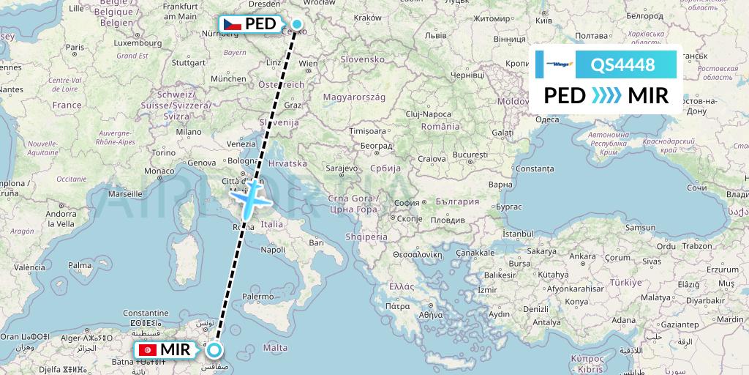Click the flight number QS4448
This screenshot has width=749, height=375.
click(x=622, y=64)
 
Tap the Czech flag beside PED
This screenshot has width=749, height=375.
click(x=232, y=24)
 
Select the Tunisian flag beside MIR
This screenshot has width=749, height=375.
click(x=147, y=350)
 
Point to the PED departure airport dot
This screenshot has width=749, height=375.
click(x=297, y=24)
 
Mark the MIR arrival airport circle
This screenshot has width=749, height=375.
click(x=215, y=350)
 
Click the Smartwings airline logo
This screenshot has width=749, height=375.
click(x=554, y=64)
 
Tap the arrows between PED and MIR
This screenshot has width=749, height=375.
click(x=606, y=95)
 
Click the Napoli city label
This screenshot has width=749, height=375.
click(x=272, y=250)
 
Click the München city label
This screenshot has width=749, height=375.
click(x=227, y=78)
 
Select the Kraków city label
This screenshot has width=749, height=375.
click(x=367, y=18)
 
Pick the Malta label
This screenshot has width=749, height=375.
click(x=276, y=348)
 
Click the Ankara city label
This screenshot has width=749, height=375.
click(x=582, y=256)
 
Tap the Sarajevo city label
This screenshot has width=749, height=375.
click(x=341, y=168)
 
